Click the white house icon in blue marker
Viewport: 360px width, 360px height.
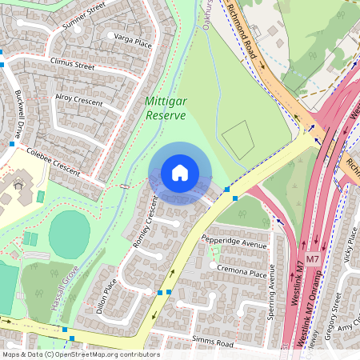(x=180, y=173)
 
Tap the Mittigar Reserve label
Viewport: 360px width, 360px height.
(x=166, y=109)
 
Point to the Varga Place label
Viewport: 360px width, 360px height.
(x=132, y=40)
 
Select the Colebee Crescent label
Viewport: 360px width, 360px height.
(x=54, y=160)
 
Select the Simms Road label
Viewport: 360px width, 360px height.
(x=213, y=342)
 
